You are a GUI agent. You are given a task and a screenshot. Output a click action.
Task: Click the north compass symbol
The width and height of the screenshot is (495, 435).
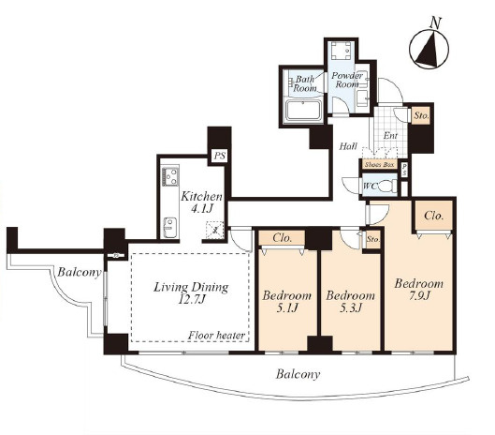pyautogui.click(x=429, y=49)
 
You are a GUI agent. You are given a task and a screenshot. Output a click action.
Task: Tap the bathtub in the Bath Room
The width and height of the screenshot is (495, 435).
pyautogui.click(x=303, y=112)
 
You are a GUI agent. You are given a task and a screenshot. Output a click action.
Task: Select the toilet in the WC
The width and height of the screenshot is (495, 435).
pyautogui.click(x=387, y=186)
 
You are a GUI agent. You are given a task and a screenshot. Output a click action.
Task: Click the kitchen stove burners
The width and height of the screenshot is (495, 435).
pyautogui.click(x=170, y=177)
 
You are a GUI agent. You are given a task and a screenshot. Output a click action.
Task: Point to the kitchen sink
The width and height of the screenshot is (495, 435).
pyautogui.click(x=170, y=227)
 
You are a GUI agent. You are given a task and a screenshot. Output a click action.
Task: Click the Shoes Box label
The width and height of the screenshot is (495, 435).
pyautogui.click(x=380, y=164)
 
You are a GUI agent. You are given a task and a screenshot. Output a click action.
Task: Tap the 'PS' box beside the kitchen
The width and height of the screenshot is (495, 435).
pyautogui.click(x=220, y=157)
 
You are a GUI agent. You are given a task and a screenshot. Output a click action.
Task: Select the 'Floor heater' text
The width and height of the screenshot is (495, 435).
pyautogui.click(x=217, y=336)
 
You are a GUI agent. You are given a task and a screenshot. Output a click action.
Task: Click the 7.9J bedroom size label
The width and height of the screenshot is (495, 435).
pyautogui.click(x=418, y=296)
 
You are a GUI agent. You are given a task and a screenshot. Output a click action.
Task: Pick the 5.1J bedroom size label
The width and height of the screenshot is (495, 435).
pyautogui.click(x=287, y=307)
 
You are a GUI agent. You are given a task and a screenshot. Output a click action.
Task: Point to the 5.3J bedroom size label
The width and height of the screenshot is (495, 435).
pyautogui.click(x=351, y=307)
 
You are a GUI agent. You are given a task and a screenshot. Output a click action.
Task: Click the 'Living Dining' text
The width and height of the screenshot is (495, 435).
pyautogui.click(x=191, y=287)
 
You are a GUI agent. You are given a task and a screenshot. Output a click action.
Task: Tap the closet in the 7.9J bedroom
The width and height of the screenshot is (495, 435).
pyautogui.click(x=434, y=217)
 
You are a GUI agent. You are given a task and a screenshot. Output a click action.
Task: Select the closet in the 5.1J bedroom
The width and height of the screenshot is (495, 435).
pyautogui.click(x=282, y=238)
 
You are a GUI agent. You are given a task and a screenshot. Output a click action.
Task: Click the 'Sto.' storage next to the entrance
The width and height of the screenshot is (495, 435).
pyautogui.click(x=421, y=116)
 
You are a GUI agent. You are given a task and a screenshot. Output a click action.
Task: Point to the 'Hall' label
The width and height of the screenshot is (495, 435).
pyautogui.click(x=348, y=146)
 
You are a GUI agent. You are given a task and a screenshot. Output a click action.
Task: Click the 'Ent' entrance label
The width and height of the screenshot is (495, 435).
pyautogui.click(x=390, y=136)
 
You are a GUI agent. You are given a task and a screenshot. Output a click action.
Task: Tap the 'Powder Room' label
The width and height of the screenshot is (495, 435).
pyautogui.click(x=347, y=80)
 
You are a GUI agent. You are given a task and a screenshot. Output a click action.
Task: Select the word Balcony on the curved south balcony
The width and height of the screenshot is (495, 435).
pyautogui.click(x=298, y=375)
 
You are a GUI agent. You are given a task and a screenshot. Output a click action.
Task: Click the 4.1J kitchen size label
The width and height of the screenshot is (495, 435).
pyautogui.click(x=201, y=209)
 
